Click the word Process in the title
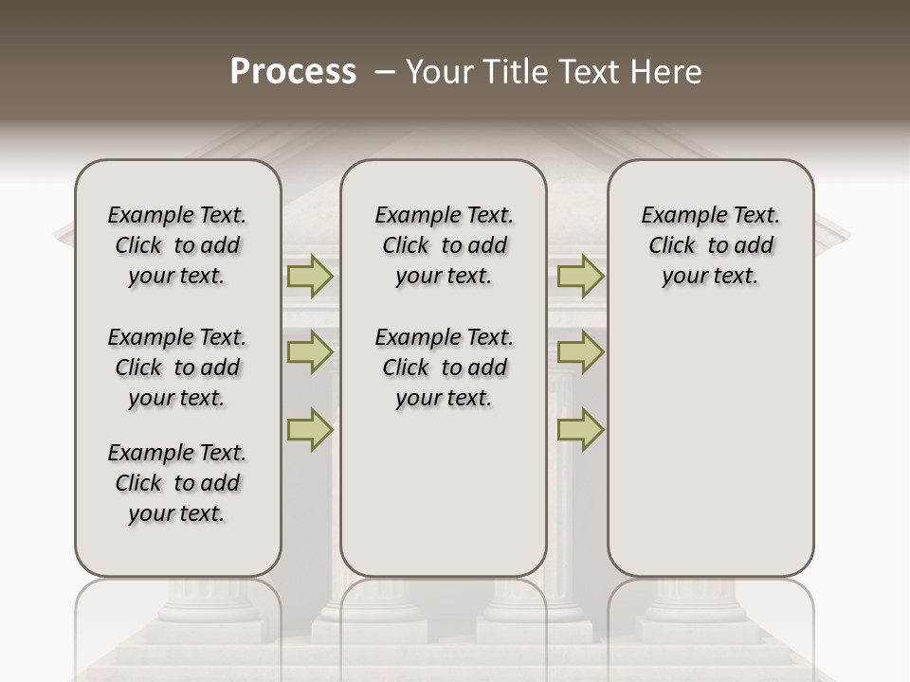click(x=293, y=72)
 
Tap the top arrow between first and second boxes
click(x=309, y=277)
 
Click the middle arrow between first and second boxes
click(x=309, y=352)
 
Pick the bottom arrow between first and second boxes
click(x=309, y=429)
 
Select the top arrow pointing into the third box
click(x=580, y=277)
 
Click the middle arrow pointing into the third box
click(x=580, y=352)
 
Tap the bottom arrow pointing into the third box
click(x=580, y=429)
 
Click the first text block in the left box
click(x=177, y=245)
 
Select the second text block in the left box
click(x=177, y=368)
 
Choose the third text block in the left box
click(x=177, y=483)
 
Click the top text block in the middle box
click(x=444, y=245)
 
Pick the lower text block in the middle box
click(x=444, y=368)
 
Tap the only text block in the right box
click(x=710, y=245)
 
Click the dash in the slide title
click(x=384, y=73)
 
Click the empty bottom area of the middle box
click(x=444, y=502)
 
